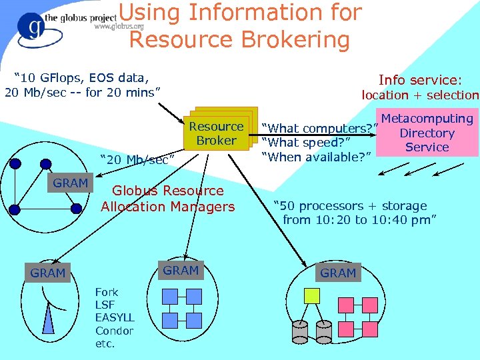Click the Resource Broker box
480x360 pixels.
(216, 133)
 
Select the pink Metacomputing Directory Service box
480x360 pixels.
(428, 133)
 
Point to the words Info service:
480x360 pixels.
(419, 79)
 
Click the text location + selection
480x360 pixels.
(420, 95)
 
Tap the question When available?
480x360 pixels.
(316, 157)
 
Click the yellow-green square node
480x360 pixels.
(312, 294)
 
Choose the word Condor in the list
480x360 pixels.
(114, 331)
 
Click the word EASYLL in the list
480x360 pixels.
(115, 317)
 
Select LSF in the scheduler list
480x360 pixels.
(105, 305)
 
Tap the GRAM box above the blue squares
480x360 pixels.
(181, 270)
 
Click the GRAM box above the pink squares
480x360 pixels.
(338, 273)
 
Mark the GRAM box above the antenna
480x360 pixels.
(48, 273)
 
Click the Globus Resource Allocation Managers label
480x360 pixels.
(168, 199)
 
